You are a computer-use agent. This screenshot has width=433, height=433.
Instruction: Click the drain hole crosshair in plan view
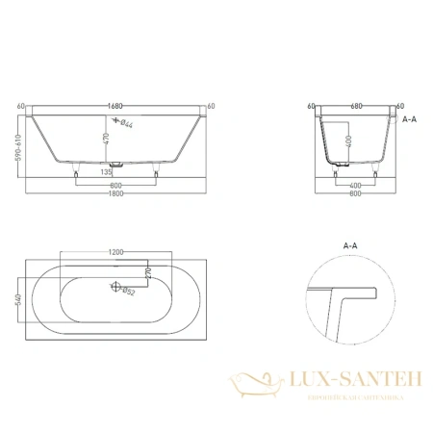117,287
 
